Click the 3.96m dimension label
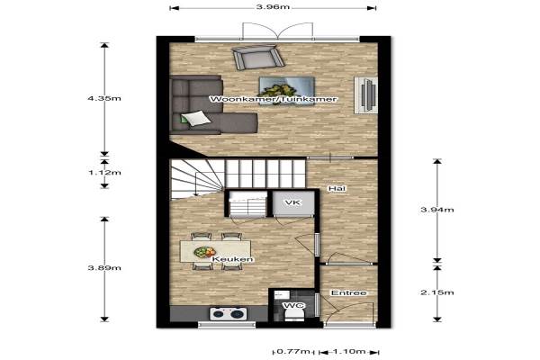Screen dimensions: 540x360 (x=273, y=7)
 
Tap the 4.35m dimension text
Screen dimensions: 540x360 (x=104, y=98)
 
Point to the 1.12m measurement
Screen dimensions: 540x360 (x=104, y=172)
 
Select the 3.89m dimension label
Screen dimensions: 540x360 (x=104, y=267)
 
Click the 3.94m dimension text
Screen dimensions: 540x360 (x=437, y=210)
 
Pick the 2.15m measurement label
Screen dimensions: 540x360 (x=437, y=292)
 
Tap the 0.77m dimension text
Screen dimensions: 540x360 (x=293, y=351)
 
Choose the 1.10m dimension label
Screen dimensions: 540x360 (x=349, y=351)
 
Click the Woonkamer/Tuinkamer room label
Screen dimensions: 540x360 (x=274, y=99)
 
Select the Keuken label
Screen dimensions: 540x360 (x=233, y=259)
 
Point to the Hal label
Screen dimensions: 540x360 (x=337, y=188)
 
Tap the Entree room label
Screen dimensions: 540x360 (x=349, y=292)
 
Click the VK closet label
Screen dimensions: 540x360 (x=292, y=202)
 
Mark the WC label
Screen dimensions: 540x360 (x=294, y=306)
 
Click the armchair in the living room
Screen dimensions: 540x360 (x=258, y=58)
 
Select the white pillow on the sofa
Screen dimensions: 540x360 (x=195, y=118)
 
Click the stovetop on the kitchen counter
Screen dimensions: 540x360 (x=229, y=314)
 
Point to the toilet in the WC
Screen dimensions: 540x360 (x=294, y=314)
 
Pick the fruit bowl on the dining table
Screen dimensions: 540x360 (x=204, y=252)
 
